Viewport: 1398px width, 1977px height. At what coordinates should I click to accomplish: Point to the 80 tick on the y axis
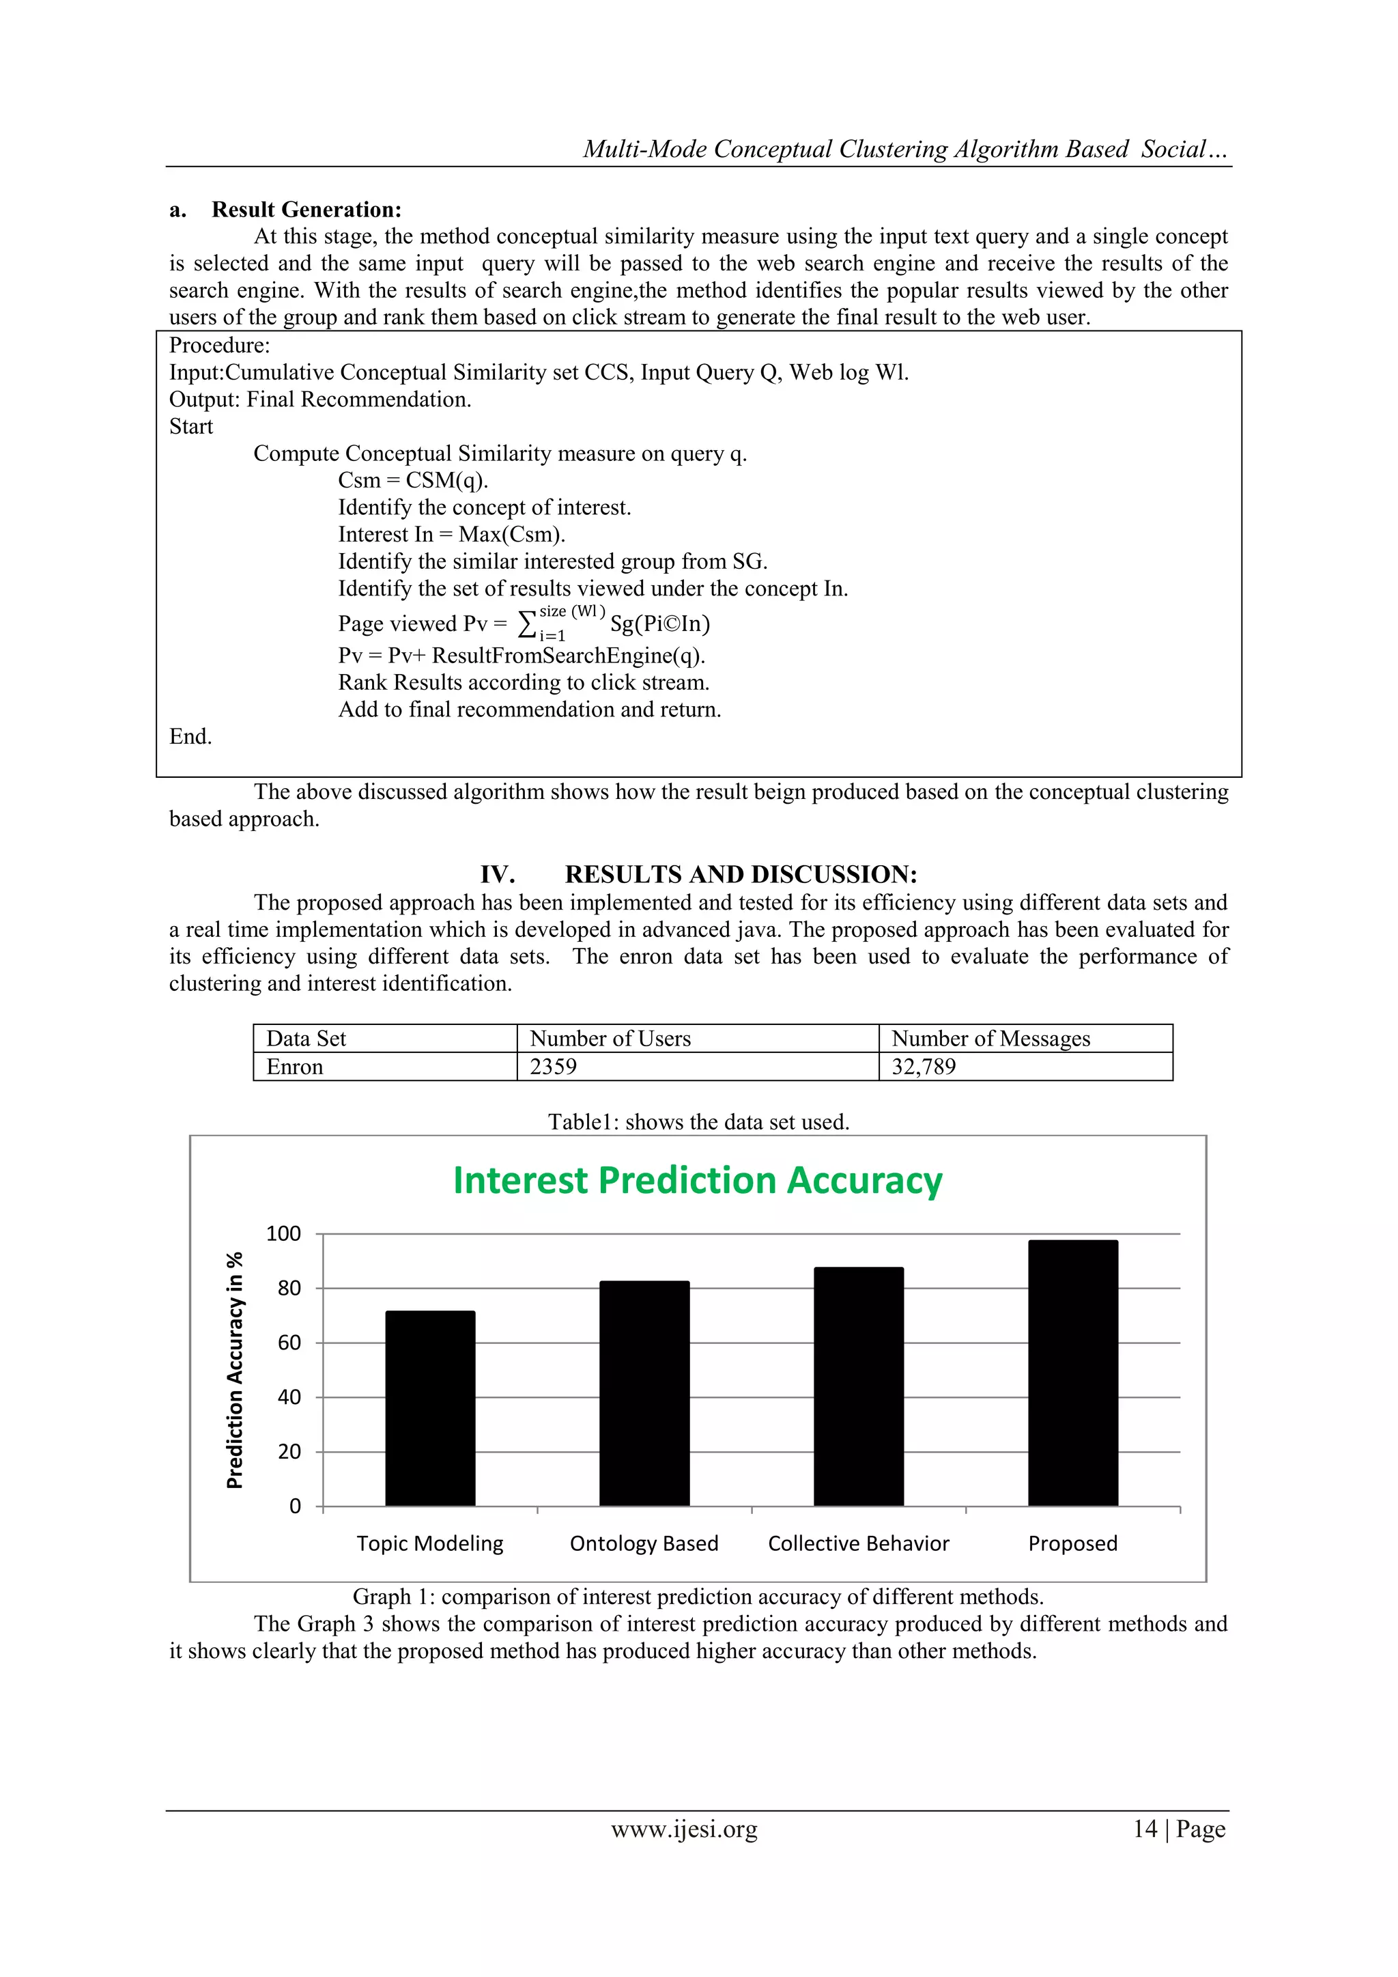(x=289, y=1288)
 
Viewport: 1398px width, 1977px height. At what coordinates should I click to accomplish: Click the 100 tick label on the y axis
(x=283, y=1234)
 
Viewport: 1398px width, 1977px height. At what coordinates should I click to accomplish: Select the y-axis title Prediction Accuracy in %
(x=235, y=1370)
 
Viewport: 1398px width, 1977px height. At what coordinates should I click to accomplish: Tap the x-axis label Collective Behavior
(x=858, y=1544)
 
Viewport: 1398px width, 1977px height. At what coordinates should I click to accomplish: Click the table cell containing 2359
(x=554, y=1067)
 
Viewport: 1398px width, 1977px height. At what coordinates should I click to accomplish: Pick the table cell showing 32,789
(x=924, y=1067)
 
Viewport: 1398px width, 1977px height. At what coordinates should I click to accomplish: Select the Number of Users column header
(x=610, y=1039)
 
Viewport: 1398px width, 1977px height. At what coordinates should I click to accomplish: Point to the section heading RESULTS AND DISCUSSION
(x=741, y=875)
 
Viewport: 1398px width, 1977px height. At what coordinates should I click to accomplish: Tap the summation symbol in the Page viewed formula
(x=526, y=623)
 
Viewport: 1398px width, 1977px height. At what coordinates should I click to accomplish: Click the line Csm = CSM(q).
(x=413, y=481)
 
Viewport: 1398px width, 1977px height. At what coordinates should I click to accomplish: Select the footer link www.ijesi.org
(x=685, y=1829)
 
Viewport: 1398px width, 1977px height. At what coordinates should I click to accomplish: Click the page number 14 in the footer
(x=1145, y=1829)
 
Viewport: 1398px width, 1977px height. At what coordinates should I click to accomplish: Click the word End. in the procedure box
(x=190, y=737)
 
